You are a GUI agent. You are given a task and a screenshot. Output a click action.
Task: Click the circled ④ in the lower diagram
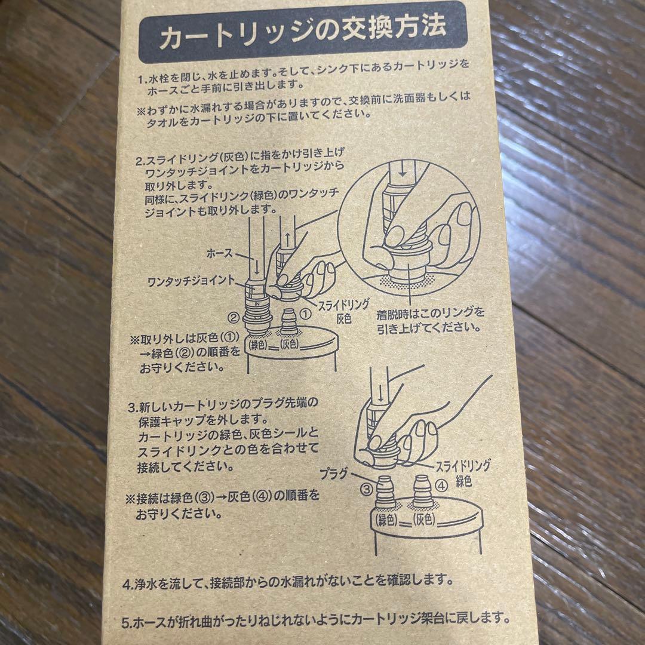pyautogui.click(x=442, y=486)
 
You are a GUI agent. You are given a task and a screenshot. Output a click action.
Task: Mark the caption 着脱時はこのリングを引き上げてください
pyautogui.click(x=429, y=320)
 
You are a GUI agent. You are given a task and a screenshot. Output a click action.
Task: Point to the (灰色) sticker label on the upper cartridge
pyautogui.click(x=290, y=344)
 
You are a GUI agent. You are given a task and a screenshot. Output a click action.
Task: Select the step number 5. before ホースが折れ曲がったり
pyautogui.click(x=127, y=622)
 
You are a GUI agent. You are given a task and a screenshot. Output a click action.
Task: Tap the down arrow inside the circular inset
pyautogui.click(x=404, y=173)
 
